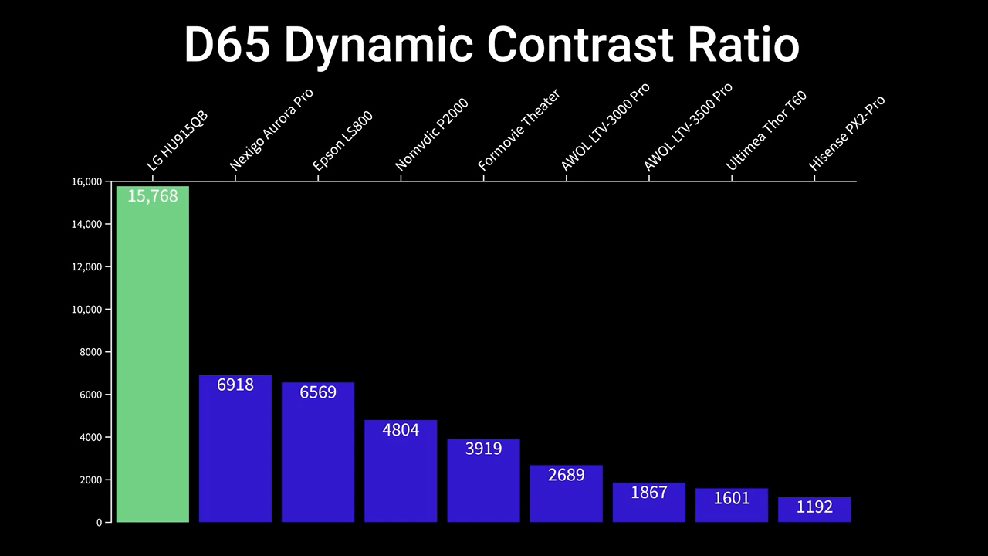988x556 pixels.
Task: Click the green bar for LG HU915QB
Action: [x=152, y=355]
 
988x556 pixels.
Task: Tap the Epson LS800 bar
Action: [x=318, y=453]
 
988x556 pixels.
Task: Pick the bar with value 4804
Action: [x=401, y=472]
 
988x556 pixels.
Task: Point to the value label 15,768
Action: [x=153, y=196]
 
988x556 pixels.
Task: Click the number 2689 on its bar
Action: [x=566, y=475]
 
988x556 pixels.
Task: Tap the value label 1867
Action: [x=648, y=493]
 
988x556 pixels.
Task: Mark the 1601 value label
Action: [x=732, y=498]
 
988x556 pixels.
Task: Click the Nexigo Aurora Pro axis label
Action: [x=271, y=130]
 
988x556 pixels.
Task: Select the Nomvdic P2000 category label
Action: [x=431, y=135]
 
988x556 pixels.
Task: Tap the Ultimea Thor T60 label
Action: [x=766, y=131]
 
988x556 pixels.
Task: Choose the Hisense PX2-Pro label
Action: [x=846, y=134]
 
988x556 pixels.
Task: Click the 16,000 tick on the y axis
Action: [x=86, y=181]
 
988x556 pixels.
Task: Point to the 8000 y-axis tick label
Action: [x=90, y=352]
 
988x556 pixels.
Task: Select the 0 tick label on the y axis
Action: [x=99, y=523]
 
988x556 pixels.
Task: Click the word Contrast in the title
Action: [x=580, y=45]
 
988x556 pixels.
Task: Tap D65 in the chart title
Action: [x=227, y=45]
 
